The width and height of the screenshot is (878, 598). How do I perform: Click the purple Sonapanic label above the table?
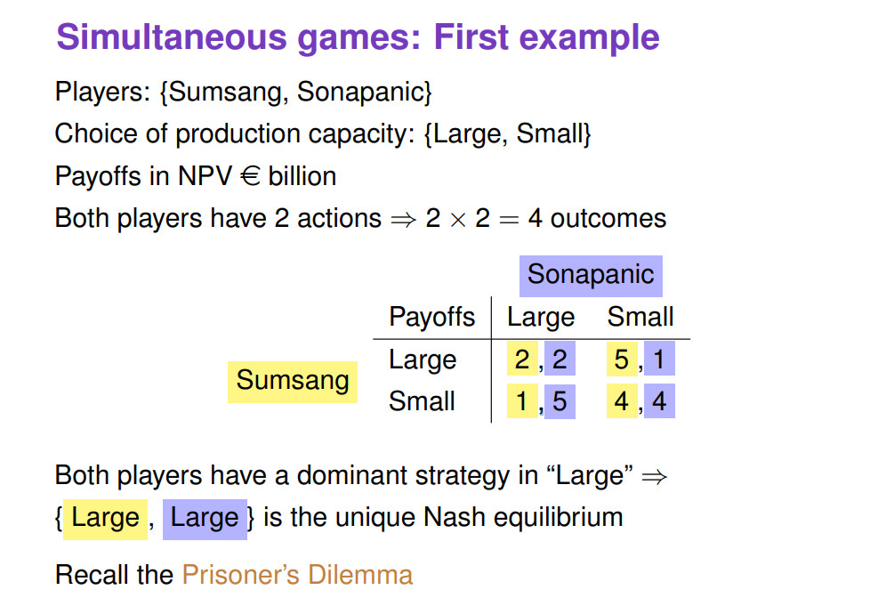(x=591, y=274)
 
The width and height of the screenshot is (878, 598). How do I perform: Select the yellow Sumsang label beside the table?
(x=292, y=381)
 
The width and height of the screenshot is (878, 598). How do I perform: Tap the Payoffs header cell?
(x=431, y=317)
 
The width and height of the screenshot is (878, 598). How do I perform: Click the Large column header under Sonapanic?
(x=540, y=317)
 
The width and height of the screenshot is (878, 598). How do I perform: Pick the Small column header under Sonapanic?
(x=640, y=317)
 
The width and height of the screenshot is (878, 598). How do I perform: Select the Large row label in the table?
(x=423, y=360)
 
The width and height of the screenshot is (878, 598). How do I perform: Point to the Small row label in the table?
(x=422, y=401)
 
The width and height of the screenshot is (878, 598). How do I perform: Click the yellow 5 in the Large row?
(x=621, y=360)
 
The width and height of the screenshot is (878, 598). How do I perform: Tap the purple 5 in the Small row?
(x=559, y=401)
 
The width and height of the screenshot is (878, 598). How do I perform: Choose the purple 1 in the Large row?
(x=658, y=360)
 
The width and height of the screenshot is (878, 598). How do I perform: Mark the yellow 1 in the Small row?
(x=522, y=401)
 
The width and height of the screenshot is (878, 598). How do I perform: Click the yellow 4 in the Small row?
(x=621, y=401)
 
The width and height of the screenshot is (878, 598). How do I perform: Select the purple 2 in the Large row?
(x=559, y=360)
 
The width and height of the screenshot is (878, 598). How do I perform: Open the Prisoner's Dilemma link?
(x=297, y=575)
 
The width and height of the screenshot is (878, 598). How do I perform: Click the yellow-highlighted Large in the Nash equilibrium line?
(x=105, y=518)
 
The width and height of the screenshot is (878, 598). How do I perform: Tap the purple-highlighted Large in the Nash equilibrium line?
(x=205, y=518)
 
